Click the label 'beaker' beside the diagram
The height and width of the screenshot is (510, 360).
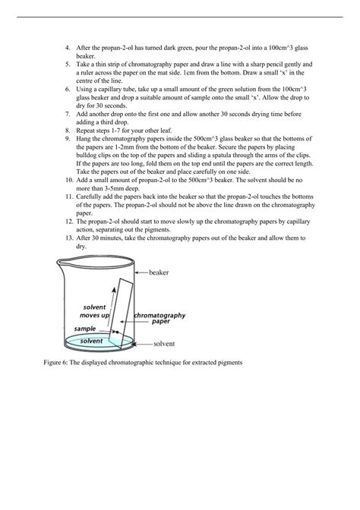[159, 272]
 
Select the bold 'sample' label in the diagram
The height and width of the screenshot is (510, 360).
[85, 329]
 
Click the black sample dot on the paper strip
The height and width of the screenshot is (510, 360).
[114, 332]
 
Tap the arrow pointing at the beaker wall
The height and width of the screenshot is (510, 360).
[142, 272]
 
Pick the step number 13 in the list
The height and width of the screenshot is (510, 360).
[69, 238]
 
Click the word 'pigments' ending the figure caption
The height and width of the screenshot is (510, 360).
[226, 364]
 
